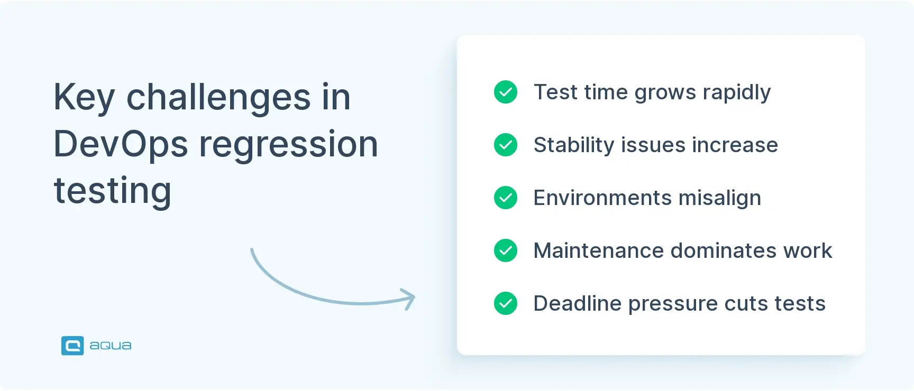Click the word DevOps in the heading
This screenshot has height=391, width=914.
point(121,144)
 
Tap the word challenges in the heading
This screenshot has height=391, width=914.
point(218,97)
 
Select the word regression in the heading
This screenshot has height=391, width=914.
point(288,144)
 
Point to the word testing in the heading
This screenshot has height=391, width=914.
point(113,191)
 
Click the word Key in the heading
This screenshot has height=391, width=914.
point(84,97)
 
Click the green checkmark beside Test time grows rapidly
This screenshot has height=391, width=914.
point(506,92)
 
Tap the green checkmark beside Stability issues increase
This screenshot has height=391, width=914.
point(506,145)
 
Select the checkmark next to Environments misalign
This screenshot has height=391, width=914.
point(506,198)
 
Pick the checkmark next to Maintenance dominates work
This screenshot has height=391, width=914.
point(506,250)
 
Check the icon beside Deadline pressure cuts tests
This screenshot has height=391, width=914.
point(506,303)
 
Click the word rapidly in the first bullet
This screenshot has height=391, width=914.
point(736,93)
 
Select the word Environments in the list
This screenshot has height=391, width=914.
point(602,198)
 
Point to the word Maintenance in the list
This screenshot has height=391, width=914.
point(598,250)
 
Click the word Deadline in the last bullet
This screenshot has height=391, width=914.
point(577,303)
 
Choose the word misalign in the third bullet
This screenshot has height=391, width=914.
point(719,198)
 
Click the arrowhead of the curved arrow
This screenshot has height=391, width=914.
point(410,299)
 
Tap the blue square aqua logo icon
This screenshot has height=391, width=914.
point(72,346)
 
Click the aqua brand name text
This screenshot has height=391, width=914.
point(110,346)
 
